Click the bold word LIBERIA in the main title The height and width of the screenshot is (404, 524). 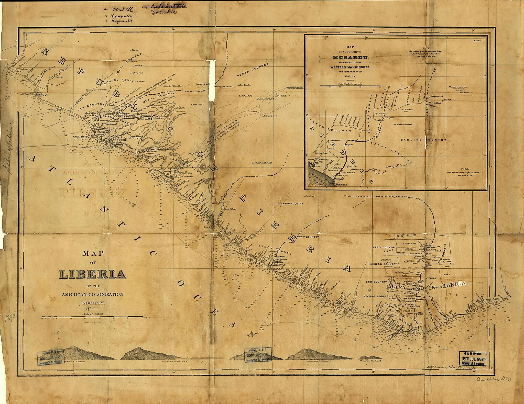(93, 274)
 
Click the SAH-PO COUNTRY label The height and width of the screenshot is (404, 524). (291, 204)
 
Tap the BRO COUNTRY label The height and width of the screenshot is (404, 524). (376, 282)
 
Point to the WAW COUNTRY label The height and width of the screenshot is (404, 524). (309, 237)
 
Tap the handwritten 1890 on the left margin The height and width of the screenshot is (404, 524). (10, 319)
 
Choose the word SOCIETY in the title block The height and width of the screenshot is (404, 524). (93, 303)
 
